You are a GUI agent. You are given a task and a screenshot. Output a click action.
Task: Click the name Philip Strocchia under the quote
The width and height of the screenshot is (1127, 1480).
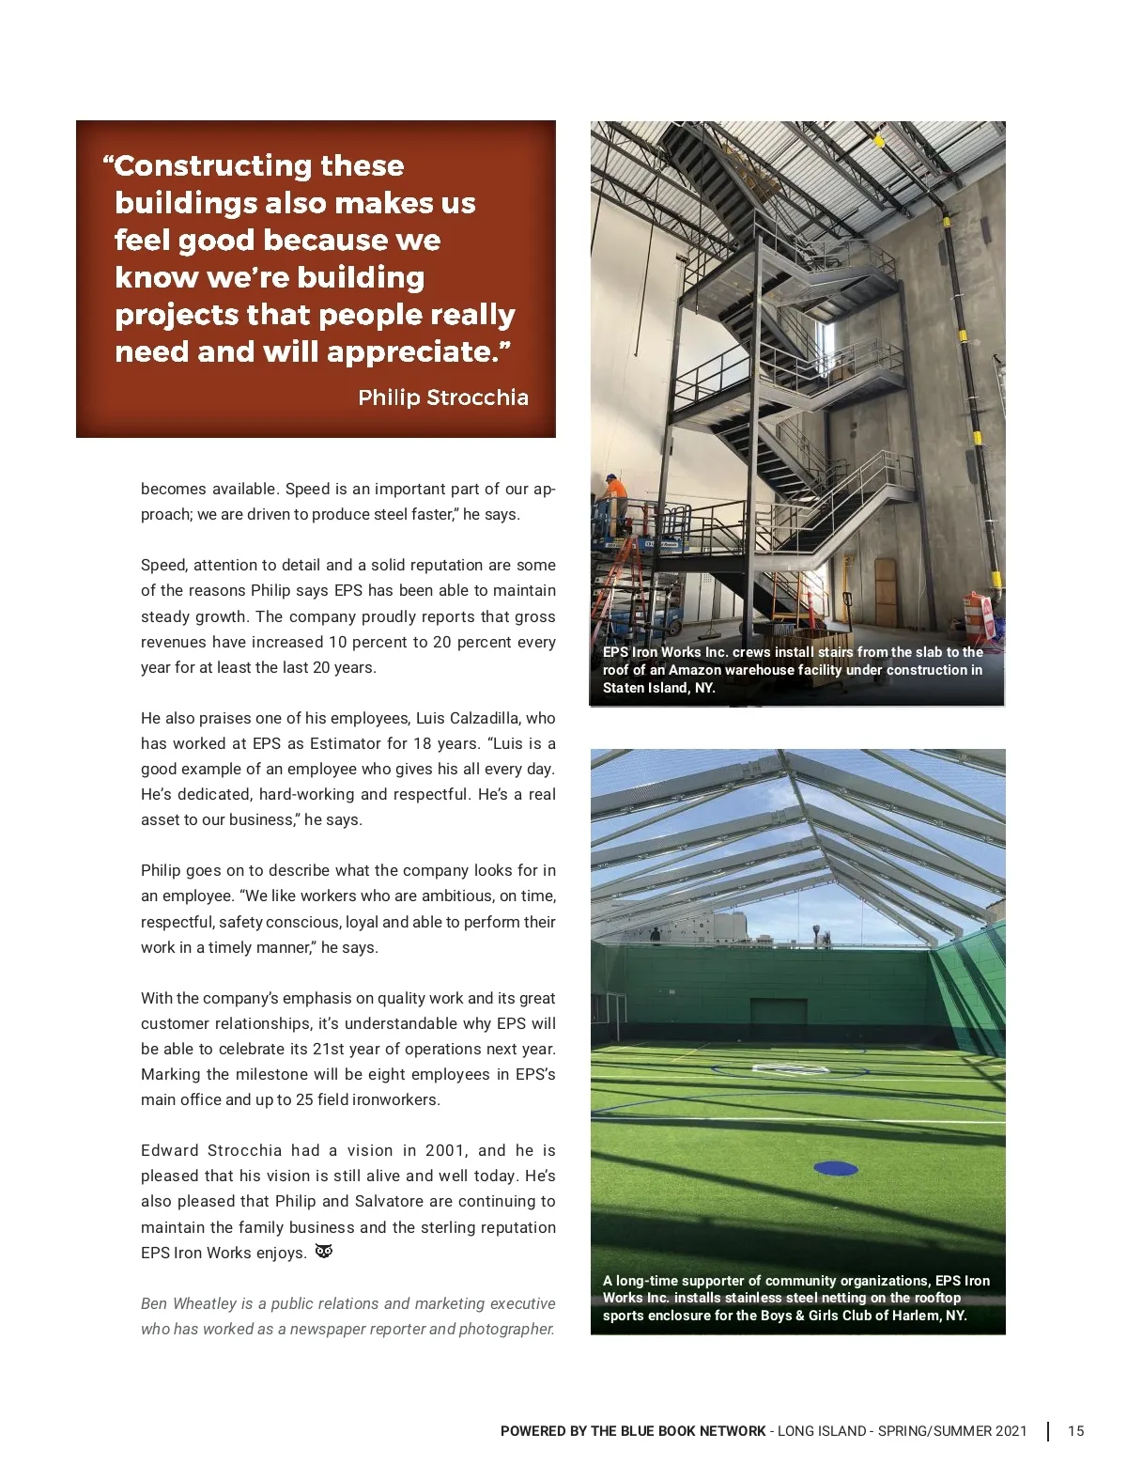(442, 397)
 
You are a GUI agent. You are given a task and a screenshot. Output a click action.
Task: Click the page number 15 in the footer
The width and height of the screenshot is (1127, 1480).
(1075, 1431)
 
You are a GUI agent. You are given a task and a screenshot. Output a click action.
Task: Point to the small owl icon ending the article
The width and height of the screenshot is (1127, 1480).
(324, 1252)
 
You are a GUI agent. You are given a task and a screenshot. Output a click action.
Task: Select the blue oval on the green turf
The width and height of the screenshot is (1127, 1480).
(835, 1168)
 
